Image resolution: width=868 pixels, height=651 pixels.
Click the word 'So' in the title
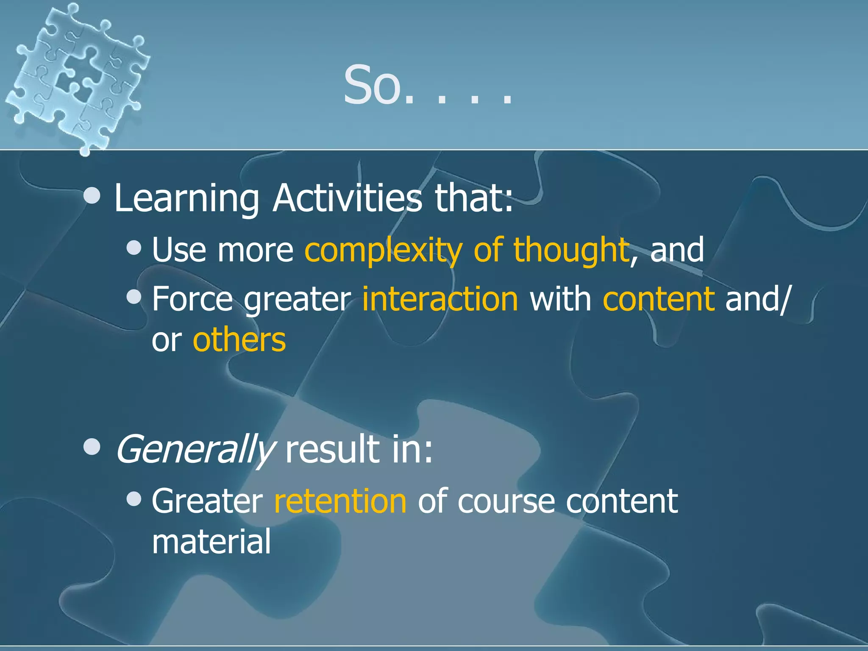coord(372,86)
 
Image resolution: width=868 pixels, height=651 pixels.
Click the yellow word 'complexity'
coord(383,250)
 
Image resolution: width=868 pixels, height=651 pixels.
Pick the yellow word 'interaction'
coord(440,299)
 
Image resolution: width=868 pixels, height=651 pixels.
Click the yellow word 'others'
coord(239,340)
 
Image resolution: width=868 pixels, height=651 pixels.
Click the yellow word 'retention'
coord(340,501)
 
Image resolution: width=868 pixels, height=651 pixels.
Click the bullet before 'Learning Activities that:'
coord(92,196)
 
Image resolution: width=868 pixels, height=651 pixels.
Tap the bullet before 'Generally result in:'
coord(92,447)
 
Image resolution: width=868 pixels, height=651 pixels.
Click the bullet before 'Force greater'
coord(134,297)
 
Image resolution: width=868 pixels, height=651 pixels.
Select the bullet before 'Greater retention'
coord(134,499)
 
